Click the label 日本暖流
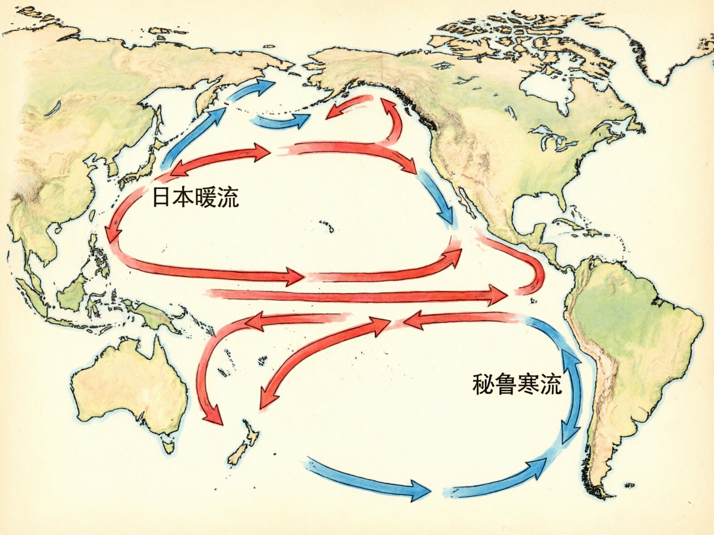tap(195, 197)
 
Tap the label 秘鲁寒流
tap(517, 384)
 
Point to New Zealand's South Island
tap(238, 456)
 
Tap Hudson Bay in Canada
tap(543, 90)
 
